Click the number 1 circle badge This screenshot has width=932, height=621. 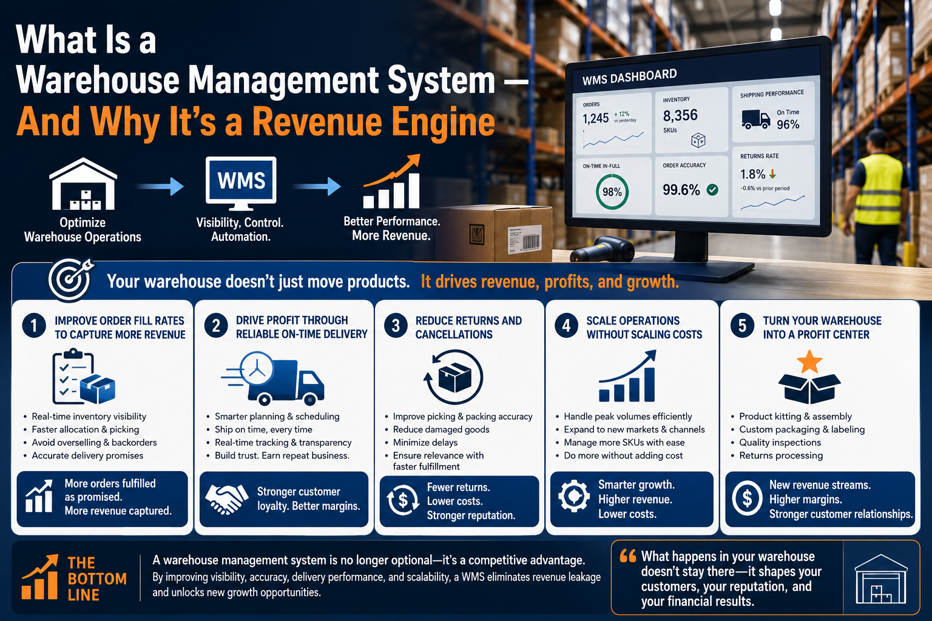[34, 325]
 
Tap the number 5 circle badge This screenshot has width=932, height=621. [742, 325]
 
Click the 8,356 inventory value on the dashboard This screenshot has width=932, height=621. [680, 115]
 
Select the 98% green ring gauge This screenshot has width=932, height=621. [612, 192]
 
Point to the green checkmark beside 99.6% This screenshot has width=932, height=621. [712, 190]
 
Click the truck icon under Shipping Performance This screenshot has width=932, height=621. [755, 119]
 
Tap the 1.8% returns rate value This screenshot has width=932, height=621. [752, 174]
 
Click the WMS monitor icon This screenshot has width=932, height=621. [241, 183]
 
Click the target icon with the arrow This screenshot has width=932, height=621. [70, 280]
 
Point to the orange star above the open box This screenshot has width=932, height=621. [809, 361]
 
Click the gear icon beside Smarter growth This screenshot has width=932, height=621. [574, 496]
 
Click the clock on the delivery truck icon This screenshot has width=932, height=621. [257, 369]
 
